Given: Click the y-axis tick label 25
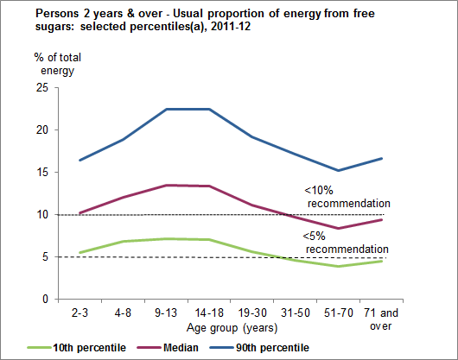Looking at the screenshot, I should point(41,88).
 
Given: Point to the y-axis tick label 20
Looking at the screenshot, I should point(41,130).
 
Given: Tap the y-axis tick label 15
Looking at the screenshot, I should point(41,173).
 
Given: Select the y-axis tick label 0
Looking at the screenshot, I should point(44,300).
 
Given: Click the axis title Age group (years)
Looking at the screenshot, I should point(223,328).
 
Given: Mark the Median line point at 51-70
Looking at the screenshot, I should point(330,229).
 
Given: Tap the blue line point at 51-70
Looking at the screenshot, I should point(330,170).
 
